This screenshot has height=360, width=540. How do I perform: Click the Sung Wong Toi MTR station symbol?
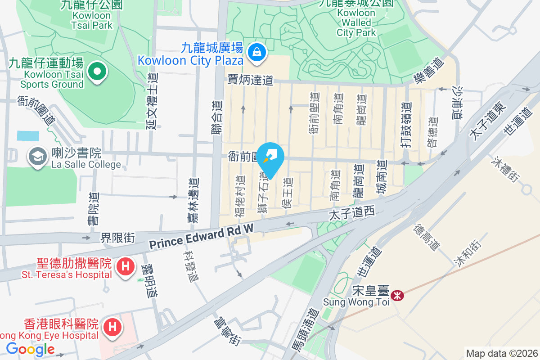(397, 296)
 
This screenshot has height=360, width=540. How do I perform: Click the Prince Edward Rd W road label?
(202, 238)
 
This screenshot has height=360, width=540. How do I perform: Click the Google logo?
(30, 349)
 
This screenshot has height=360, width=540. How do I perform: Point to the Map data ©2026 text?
(501, 353)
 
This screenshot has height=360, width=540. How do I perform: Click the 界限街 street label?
(117, 237)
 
